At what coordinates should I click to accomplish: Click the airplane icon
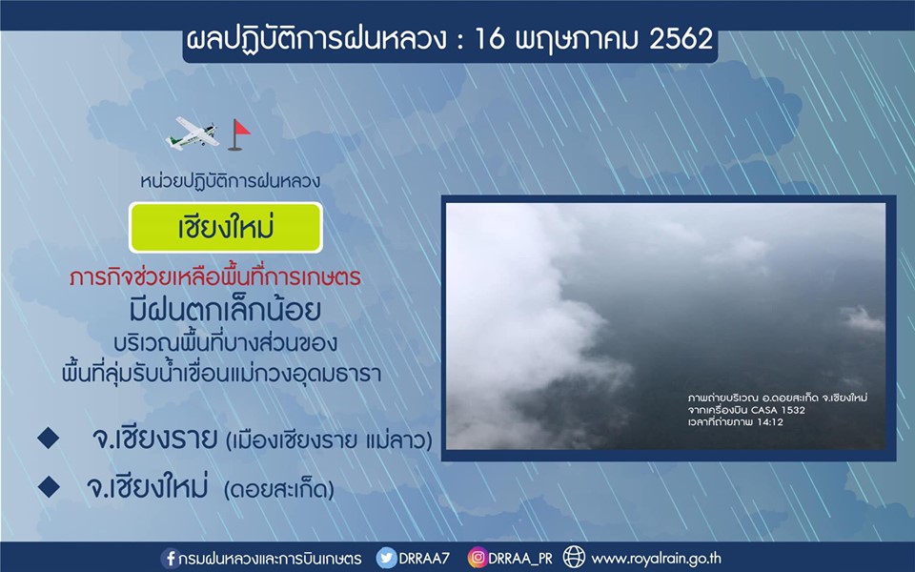192,133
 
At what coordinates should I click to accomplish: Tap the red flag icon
238,134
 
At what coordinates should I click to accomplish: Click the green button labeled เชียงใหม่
225,228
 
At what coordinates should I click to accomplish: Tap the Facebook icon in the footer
170,559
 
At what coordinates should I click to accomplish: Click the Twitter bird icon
386,558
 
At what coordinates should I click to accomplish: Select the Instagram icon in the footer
478,558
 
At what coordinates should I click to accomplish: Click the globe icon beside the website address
574,558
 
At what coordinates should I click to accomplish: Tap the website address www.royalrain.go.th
656,560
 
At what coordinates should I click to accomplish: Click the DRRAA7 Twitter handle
424,559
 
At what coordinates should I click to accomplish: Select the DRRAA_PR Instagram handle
520,559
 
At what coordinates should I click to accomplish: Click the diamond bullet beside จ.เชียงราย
49,439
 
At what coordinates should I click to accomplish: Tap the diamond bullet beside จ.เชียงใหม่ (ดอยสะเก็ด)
49,487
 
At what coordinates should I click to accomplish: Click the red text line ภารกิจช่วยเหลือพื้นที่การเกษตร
214,276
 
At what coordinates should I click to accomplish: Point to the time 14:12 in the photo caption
770,422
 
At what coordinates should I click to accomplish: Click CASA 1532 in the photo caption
778,410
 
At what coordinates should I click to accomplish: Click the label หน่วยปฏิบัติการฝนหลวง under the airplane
230,181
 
